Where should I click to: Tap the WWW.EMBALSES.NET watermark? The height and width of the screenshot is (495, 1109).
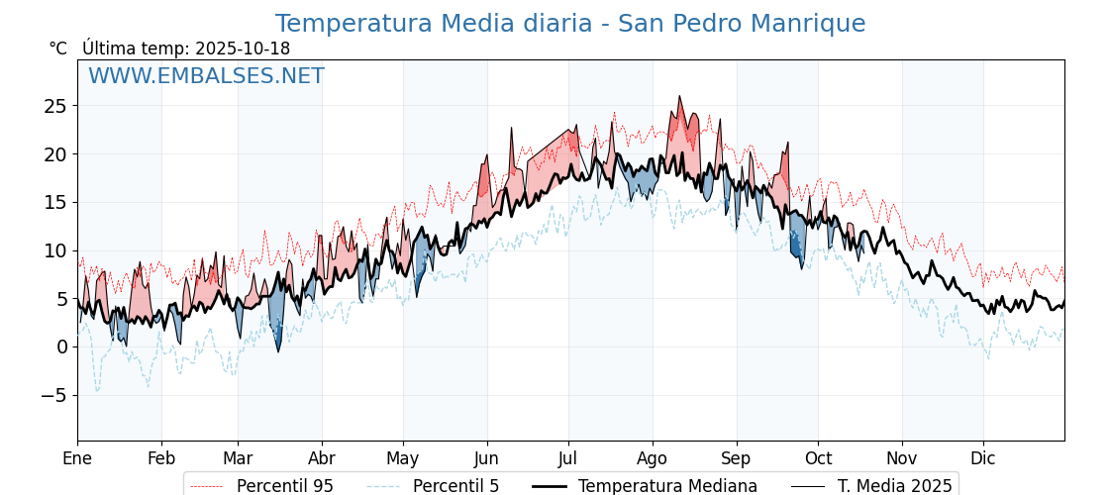(206, 76)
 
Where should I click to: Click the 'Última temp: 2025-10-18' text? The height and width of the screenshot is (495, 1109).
(186, 49)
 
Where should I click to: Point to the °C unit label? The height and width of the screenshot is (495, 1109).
(58, 49)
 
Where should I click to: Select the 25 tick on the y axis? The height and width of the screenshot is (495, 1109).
(55, 106)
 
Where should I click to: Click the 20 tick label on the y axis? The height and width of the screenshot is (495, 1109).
(55, 154)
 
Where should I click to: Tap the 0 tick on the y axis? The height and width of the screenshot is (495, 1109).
(61, 346)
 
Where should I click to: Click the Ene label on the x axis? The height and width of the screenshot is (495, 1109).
(77, 458)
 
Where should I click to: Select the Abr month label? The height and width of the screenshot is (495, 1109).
(322, 458)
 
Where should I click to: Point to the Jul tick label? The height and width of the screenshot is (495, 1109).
(568, 458)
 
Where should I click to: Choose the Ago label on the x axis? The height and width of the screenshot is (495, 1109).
(653, 458)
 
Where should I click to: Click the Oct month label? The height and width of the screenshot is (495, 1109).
(818, 458)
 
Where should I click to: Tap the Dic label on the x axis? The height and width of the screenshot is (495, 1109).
(983, 458)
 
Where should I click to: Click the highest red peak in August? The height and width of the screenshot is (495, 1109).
(679, 97)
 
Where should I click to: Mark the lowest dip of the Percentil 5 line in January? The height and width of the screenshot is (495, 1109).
(97, 391)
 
